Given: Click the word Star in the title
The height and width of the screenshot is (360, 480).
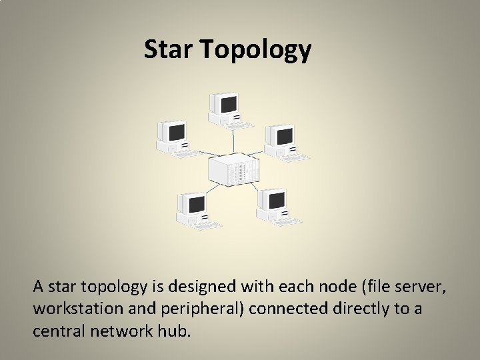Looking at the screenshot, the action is [167, 49].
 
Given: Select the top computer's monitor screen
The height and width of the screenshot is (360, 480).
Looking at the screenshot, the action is [229, 104].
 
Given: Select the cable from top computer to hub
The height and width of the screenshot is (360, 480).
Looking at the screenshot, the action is [233, 140].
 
